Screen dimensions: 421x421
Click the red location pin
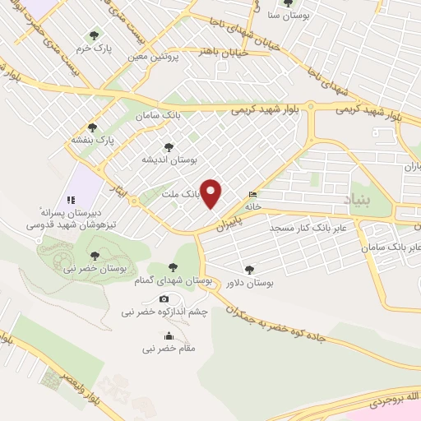(x=211, y=192)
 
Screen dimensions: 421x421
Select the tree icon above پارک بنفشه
(x=92, y=127)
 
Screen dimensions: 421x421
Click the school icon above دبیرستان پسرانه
(x=71, y=199)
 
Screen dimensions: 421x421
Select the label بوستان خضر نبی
(x=98, y=269)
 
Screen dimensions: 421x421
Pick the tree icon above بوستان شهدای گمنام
(x=173, y=267)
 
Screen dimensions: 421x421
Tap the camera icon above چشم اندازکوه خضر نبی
(x=164, y=298)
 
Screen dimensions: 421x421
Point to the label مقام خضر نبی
(x=169, y=349)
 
